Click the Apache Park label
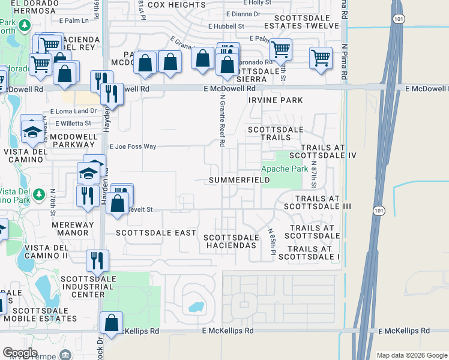click(284, 169)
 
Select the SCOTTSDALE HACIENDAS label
click(231, 241)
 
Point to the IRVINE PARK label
click(276, 100)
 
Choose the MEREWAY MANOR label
click(73, 230)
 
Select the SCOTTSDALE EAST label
click(156, 233)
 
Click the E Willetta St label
click(73, 124)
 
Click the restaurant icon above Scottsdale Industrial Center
click(97, 260)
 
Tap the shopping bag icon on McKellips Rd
click(112, 323)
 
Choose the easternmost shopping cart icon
click(321, 58)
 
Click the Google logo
click(20, 353)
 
